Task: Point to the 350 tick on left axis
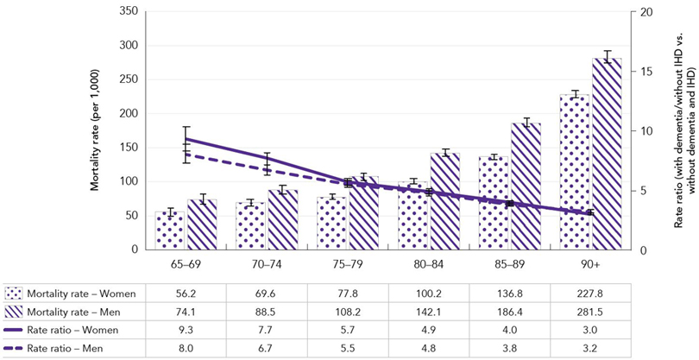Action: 127,12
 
